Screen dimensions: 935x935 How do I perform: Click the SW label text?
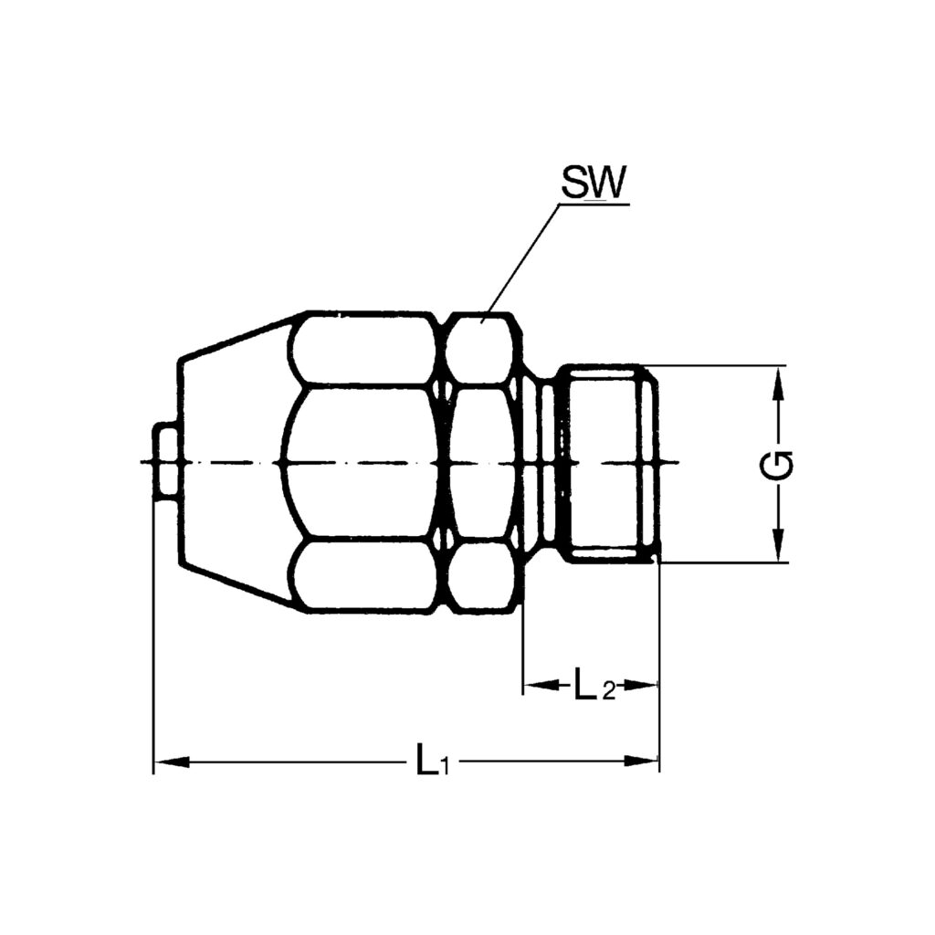592,184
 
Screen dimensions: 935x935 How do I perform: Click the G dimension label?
777,465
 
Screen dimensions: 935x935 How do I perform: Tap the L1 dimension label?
429,761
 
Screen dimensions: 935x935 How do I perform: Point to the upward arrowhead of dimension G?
777,380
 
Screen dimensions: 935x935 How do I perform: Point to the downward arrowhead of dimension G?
777,548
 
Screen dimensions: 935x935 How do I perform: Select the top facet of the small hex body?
481,348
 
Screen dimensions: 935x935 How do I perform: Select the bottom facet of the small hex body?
481,575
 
